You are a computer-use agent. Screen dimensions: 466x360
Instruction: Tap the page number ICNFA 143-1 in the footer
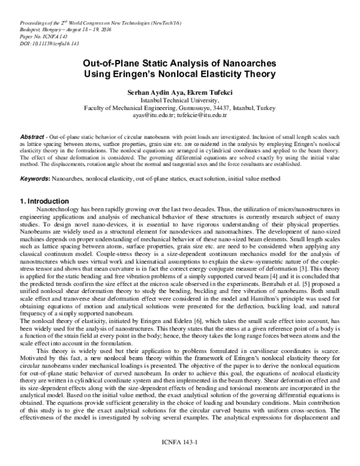178,458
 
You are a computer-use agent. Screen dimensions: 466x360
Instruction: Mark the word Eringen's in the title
155,74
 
